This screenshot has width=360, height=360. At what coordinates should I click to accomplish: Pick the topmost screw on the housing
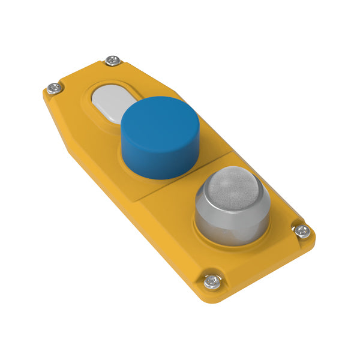[112, 61]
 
